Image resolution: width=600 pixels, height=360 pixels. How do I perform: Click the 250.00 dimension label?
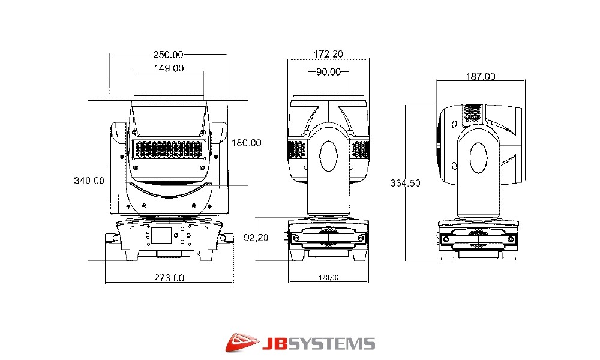click(169, 55)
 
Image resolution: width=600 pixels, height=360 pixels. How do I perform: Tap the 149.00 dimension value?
click(169, 68)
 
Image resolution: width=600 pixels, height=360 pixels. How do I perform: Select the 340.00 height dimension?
click(89, 181)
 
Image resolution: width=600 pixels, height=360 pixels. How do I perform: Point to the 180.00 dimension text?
click(247, 143)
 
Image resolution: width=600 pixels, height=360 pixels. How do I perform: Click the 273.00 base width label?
click(169, 278)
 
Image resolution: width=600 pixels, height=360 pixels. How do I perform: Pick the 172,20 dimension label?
click(328, 55)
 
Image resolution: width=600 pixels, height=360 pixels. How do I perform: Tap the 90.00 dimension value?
click(328, 72)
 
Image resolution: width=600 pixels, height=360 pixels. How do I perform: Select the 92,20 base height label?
click(256, 238)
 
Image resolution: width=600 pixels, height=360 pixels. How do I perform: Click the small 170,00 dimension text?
click(329, 278)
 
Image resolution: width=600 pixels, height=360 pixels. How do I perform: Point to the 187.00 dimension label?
click(481, 77)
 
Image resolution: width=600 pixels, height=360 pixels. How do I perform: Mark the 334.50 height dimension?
click(405, 183)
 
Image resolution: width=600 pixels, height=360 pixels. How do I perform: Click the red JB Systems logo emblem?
click(242, 343)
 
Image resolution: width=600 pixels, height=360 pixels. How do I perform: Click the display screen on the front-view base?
click(161, 235)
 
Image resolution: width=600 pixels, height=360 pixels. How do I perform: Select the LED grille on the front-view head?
click(169, 150)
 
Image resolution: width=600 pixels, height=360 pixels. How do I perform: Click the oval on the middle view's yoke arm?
click(328, 156)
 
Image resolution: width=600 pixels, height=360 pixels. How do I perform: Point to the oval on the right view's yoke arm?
click(478, 158)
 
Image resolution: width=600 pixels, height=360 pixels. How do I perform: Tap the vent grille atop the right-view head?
click(473, 113)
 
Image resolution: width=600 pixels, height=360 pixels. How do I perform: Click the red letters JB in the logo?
click(274, 344)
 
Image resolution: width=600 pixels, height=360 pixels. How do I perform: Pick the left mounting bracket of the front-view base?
click(113, 239)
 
